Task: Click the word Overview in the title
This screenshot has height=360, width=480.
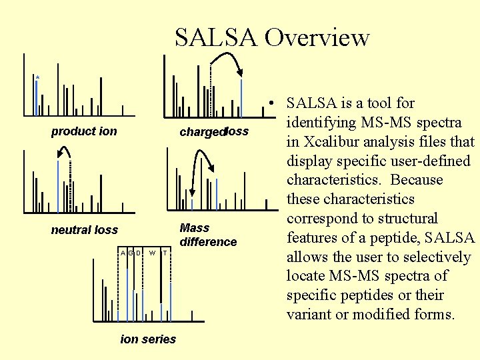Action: (317, 37)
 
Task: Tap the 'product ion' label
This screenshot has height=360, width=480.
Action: (84, 131)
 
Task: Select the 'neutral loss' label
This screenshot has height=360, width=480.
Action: (84, 230)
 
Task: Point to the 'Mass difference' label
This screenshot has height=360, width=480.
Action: (208, 235)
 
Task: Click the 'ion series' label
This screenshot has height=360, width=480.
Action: (148, 339)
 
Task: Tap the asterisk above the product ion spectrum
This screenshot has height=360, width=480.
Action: (37, 79)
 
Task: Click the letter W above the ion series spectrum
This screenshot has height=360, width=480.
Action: (153, 253)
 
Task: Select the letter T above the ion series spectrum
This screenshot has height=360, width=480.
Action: (165, 253)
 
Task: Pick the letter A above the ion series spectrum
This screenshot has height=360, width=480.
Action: (123, 253)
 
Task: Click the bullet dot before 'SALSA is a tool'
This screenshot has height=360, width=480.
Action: (273, 103)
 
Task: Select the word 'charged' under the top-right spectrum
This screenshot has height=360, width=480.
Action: (202, 132)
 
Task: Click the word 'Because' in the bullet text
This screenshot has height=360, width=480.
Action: (417, 180)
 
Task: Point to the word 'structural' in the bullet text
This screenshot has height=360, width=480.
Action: (405, 219)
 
